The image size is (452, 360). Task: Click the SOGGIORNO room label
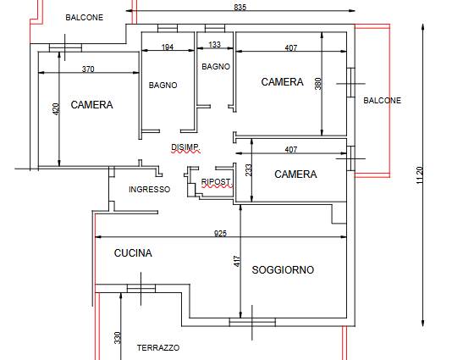[x=283, y=270]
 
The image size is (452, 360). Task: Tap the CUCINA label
[x=133, y=253]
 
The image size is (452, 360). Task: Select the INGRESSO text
[x=149, y=189]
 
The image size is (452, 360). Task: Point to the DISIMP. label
[x=185, y=147]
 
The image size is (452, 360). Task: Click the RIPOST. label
[x=217, y=182]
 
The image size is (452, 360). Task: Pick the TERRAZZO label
[x=158, y=348]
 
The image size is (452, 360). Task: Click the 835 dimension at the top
[x=240, y=8]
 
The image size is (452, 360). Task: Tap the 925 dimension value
[x=221, y=233]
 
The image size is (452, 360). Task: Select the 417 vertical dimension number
[x=237, y=261]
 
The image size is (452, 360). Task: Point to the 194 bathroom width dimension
[x=168, y=47]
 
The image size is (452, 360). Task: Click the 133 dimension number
[x=214, y=44]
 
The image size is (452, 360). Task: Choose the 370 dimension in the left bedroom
[x=88, y=69]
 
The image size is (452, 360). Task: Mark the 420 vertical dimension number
[x=56, y=109]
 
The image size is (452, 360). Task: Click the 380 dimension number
[x=318, y=84]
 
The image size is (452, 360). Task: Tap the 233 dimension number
[x=249, y=170]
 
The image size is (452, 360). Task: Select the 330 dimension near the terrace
[x=117, y=338]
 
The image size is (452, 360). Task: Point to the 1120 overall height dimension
[x=420, y=174]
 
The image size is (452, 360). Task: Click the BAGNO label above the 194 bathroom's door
[x=163, y=85]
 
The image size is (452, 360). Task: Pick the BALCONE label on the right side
[x=382, y=101]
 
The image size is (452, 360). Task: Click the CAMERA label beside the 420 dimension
[x=91, y=105]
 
